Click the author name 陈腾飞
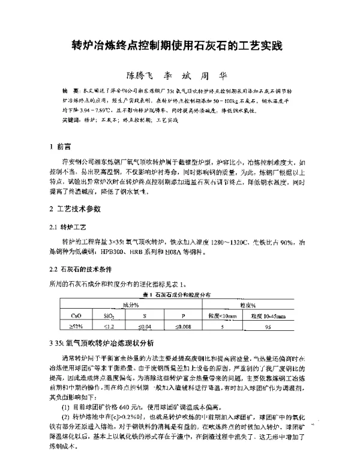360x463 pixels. click(x=140, y=76)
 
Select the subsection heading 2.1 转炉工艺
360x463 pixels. click(x=70, y=228)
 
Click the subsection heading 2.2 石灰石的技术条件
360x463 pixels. click(x=83, y=268)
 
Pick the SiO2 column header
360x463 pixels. click(x=109, y=315)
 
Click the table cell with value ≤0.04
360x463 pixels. click(x=145, y=327)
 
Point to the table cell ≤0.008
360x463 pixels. click(x=184, y=327)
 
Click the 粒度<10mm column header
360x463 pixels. click(x=223, y=315)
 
